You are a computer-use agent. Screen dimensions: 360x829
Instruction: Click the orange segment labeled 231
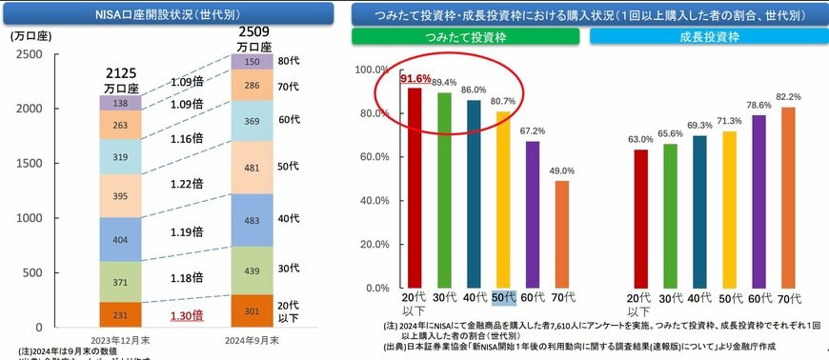click(120, 313)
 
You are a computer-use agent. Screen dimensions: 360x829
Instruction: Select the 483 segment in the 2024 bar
click(253, 220)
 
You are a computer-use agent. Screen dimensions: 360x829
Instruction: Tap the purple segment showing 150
click(253, 61)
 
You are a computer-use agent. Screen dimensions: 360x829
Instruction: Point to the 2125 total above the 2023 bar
click(120, 72)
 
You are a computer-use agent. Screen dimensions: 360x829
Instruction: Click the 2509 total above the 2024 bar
click(252, 31)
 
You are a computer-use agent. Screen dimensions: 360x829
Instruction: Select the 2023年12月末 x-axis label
click(121, 339)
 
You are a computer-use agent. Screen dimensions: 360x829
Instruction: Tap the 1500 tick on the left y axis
click(28, 163)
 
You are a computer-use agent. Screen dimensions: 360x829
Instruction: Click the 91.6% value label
click(415, 78)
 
